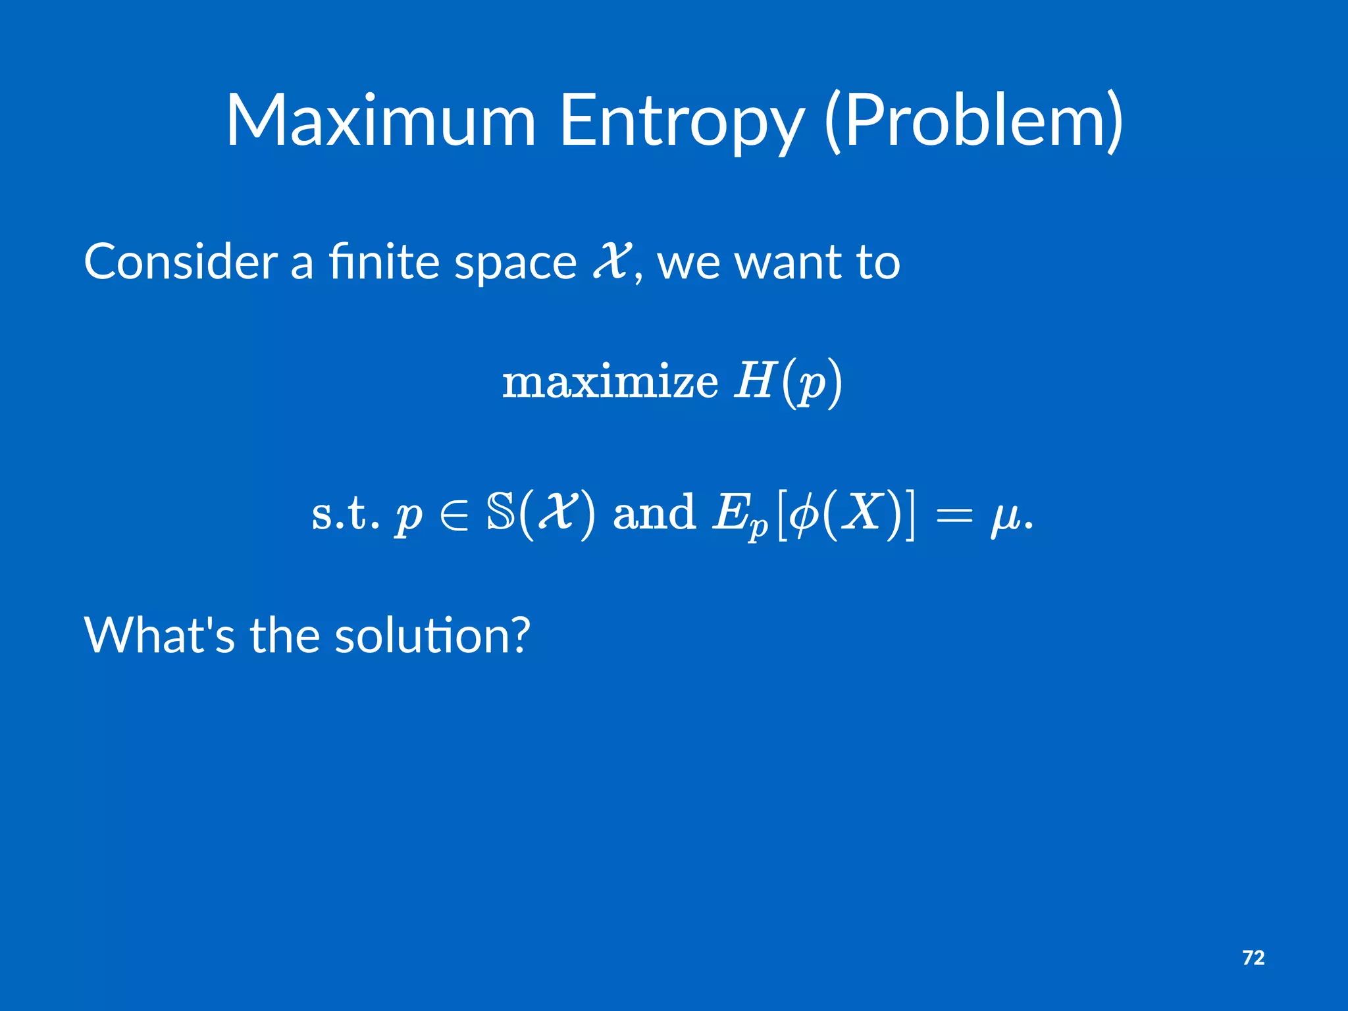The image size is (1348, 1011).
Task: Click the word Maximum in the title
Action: coord(380,121)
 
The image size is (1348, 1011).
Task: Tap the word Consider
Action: coord(180,262)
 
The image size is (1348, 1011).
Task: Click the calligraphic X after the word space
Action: coord(612,259)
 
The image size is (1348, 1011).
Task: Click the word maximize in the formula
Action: coord(610,382)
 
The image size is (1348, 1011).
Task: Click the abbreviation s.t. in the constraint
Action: coord(345,513)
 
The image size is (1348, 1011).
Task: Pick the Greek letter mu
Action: coord(1005,517)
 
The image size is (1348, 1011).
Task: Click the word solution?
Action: coord(432,636)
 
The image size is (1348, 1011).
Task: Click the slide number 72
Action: coord(1253,958)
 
